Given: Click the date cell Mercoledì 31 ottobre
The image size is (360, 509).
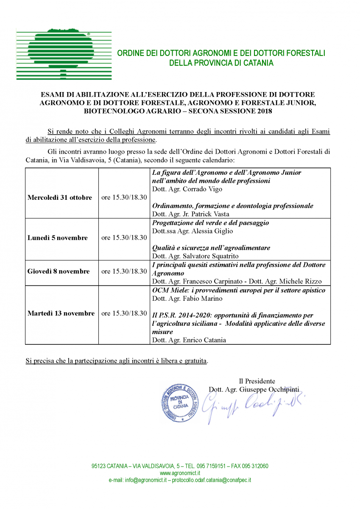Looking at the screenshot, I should coord(60,198).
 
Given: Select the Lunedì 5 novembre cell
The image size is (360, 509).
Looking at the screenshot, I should coord(58,238).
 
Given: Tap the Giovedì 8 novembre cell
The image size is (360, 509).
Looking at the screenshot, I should coord(59,271).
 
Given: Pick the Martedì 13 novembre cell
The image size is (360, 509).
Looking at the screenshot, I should coord(61,313).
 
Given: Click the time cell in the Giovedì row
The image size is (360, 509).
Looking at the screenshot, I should coord(124,271).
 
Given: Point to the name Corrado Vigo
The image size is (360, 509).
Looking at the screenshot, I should coord(200,189).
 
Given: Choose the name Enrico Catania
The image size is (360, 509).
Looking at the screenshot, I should coord(205,340).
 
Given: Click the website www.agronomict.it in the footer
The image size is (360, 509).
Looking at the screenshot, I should coord(180,473).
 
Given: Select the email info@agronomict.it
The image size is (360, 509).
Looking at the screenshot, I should coord(145,480).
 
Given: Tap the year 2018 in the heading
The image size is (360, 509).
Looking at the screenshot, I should coord(264,111).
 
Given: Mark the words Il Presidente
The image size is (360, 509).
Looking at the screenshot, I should coord(257,381).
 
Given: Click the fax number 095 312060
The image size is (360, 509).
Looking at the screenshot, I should coord(255,466).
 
